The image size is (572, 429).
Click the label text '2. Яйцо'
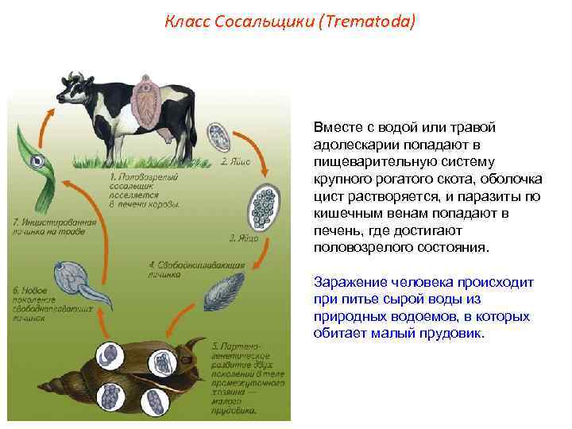[x=236, y=160]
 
